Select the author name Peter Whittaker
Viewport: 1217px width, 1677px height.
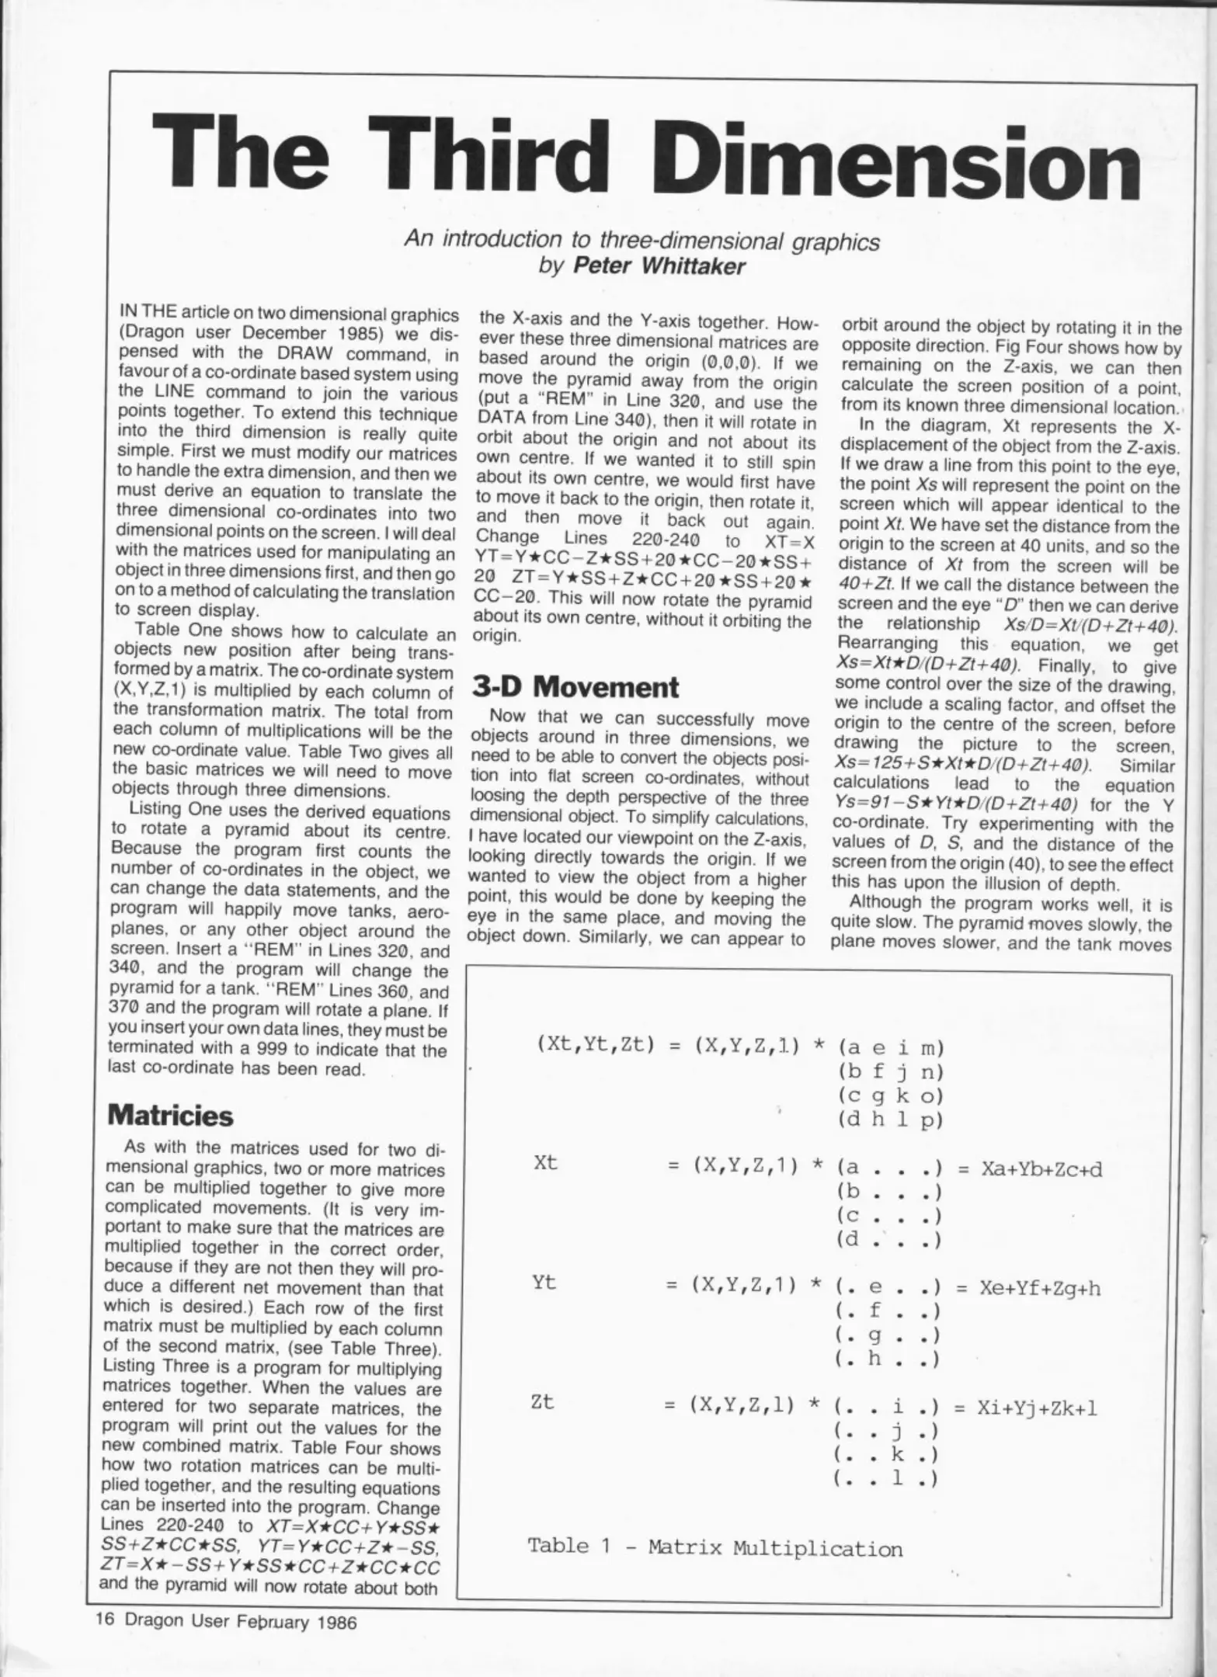tap(659, 266)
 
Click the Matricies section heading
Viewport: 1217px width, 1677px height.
tap(169, 1115)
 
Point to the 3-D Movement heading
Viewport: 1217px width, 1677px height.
tap(575, 687)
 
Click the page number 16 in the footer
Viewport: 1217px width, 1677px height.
tap(105, 1620)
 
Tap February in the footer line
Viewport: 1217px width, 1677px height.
tap(273, 1621)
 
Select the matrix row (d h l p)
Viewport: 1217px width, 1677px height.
tap(890, 1120)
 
